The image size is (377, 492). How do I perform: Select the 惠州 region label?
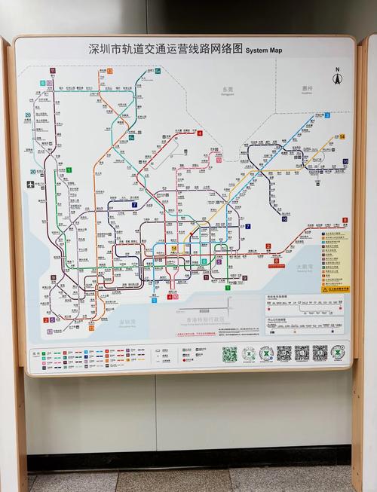click(307, 88)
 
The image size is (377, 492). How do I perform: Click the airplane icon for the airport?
click(31, 184)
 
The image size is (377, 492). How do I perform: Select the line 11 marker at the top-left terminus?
click(53, 71)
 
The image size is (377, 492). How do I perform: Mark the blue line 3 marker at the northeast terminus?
click(327, 115)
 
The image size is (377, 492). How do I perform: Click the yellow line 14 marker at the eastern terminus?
click(341, 136)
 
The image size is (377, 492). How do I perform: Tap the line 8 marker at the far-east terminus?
click(345, 220)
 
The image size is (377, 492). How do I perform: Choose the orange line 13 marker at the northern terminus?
click(109, 71)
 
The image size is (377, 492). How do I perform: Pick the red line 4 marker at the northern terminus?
click(200, 133)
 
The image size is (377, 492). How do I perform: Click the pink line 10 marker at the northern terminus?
click(219, 160)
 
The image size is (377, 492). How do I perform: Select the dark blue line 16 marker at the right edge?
click(345, 161)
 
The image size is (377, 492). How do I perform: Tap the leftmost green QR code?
click(229, 353)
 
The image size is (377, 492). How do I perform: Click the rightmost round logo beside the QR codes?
click(338, 352)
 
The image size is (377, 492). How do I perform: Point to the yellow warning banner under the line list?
click(336, 289)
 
